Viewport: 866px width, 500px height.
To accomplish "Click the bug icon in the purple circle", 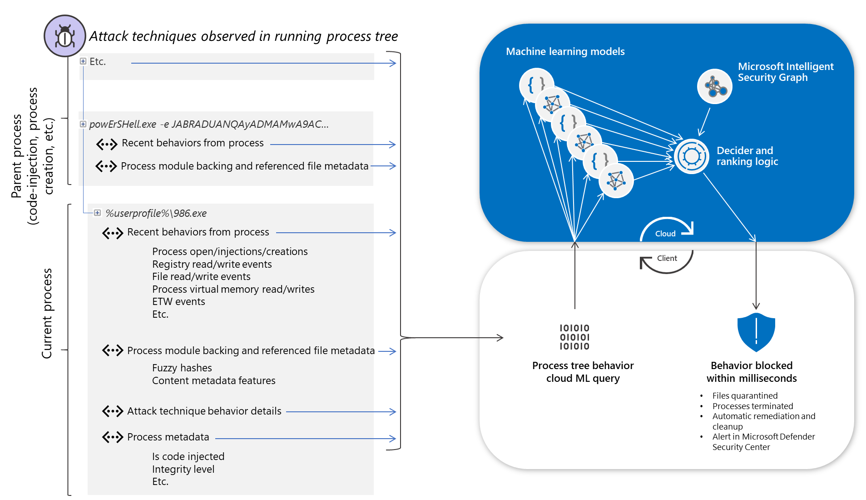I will pos(64,36).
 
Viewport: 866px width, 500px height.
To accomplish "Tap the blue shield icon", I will pos(756,332).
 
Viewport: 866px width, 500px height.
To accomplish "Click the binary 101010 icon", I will pos(574,337).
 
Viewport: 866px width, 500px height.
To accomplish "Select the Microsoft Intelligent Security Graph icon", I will pos(714,86).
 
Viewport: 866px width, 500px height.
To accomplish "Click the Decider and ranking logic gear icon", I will pos(691,156).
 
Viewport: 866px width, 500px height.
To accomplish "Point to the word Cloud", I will pos(665,234).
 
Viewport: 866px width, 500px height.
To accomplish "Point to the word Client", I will pos(667,258).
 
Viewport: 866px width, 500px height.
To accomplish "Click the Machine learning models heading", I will pos(565,51).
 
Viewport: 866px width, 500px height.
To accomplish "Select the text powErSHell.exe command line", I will pos(209,124).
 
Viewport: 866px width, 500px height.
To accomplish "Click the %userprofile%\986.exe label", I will pos(156,213).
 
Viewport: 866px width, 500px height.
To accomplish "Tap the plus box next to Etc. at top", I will pos(83,61).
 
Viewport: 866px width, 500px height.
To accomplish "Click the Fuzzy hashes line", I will pos(182,368).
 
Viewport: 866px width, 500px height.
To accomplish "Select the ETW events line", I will pos(178,301).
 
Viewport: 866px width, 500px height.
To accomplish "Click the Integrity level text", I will pos(183,469).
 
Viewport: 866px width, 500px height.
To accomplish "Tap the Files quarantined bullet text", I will pos(745,395).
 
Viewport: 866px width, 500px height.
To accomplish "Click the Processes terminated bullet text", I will pos(752,406).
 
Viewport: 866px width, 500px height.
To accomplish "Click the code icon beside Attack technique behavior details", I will pos(113,411).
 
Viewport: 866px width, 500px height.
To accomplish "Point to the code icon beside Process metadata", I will pos(113,437).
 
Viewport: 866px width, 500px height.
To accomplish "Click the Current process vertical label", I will pos(47,313).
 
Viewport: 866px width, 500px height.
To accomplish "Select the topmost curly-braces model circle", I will pos(536,85).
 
